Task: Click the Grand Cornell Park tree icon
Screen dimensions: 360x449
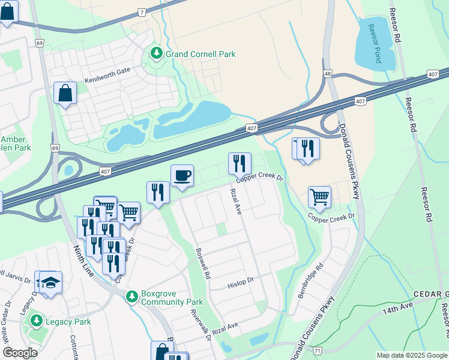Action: click(x=157, y=54)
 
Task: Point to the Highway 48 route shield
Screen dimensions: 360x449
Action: click(x=327, y=74)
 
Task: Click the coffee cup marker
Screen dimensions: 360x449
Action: click(x=182, y=176)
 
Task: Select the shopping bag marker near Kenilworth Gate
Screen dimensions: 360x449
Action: click(x=65, y=94)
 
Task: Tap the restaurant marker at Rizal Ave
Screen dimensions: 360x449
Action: click(x=239, y=163)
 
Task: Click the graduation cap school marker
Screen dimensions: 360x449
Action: click(x=51, y=283)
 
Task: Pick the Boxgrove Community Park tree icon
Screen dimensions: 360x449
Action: click(x=132, y=297)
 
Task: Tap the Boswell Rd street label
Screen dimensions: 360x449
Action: click(x=202, y=265)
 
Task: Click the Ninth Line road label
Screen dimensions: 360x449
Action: click(x=83, y=260)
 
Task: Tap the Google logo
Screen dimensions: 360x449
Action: click(x=20, y=353)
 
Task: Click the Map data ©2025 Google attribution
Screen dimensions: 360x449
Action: click(x=411, y=355)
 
